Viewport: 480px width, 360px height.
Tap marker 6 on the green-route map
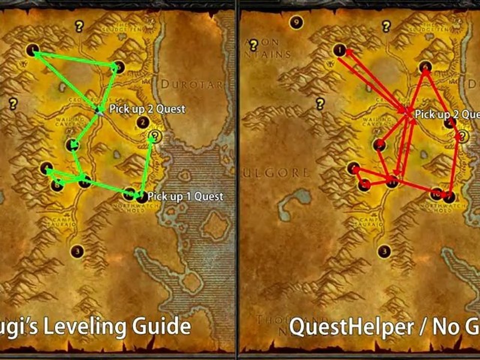[x=118, y=66]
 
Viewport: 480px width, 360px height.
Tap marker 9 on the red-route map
[x=297, y=22]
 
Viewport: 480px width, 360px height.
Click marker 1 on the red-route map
[x=339, y=50]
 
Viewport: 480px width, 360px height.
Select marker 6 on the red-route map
[x=425, y=66]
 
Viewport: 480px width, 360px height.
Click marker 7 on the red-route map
[x=449, y=196]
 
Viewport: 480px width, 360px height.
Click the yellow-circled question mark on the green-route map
[x=155, y=136]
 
